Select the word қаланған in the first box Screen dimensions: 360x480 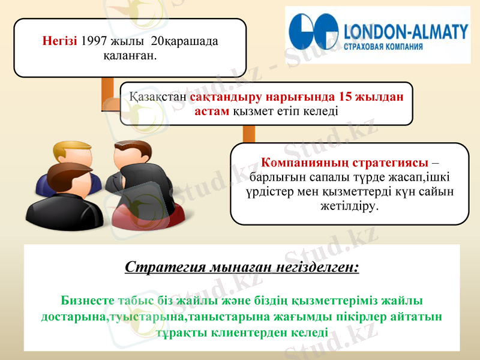point(130,56)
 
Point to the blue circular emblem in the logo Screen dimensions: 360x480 point(313,35)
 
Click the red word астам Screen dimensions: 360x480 point(212,111)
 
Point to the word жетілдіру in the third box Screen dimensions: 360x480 point(350,206)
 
